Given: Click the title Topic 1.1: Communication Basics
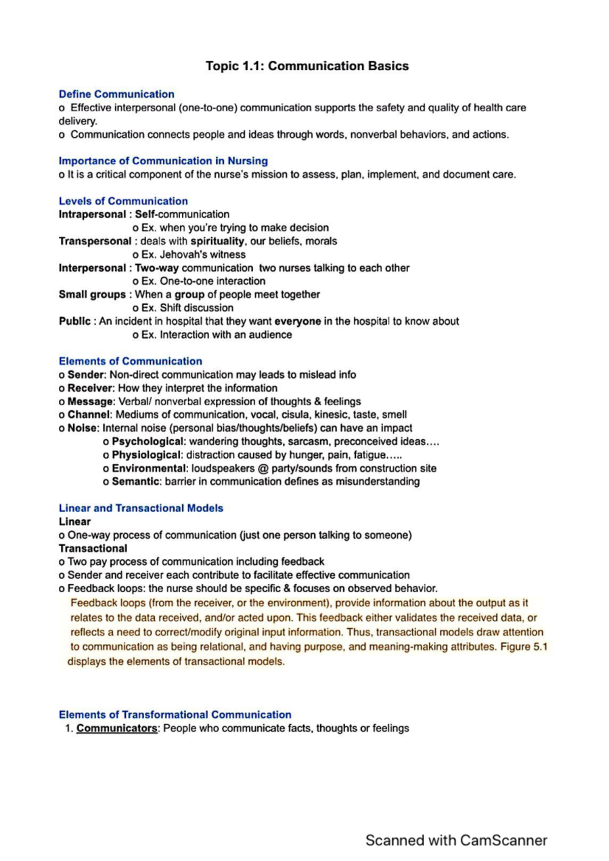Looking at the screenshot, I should (307, 66).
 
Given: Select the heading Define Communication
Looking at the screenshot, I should (116, 94).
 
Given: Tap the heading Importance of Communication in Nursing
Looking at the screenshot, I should (163, 161).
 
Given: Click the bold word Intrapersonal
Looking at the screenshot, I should (92, 214).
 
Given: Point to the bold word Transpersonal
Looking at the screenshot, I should (95, 241).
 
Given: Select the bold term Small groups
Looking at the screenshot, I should (92, 295).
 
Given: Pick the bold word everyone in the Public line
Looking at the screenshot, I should (297, 321).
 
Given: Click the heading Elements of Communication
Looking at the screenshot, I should (130, 362).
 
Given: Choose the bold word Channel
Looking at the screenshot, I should (88, 415).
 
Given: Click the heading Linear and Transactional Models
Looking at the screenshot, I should (141, 508).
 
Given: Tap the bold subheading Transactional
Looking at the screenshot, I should (93, 549).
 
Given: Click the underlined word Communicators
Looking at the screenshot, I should (117, 729).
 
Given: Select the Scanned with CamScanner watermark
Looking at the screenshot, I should (456, 841).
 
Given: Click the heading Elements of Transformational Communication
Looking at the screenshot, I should (175, 715).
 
